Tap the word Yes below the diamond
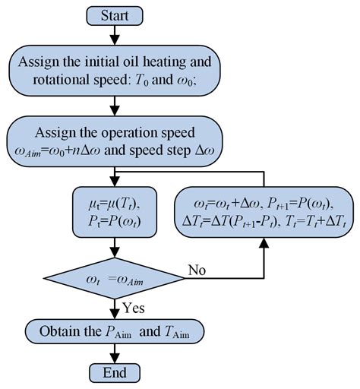[x=133, y=309]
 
